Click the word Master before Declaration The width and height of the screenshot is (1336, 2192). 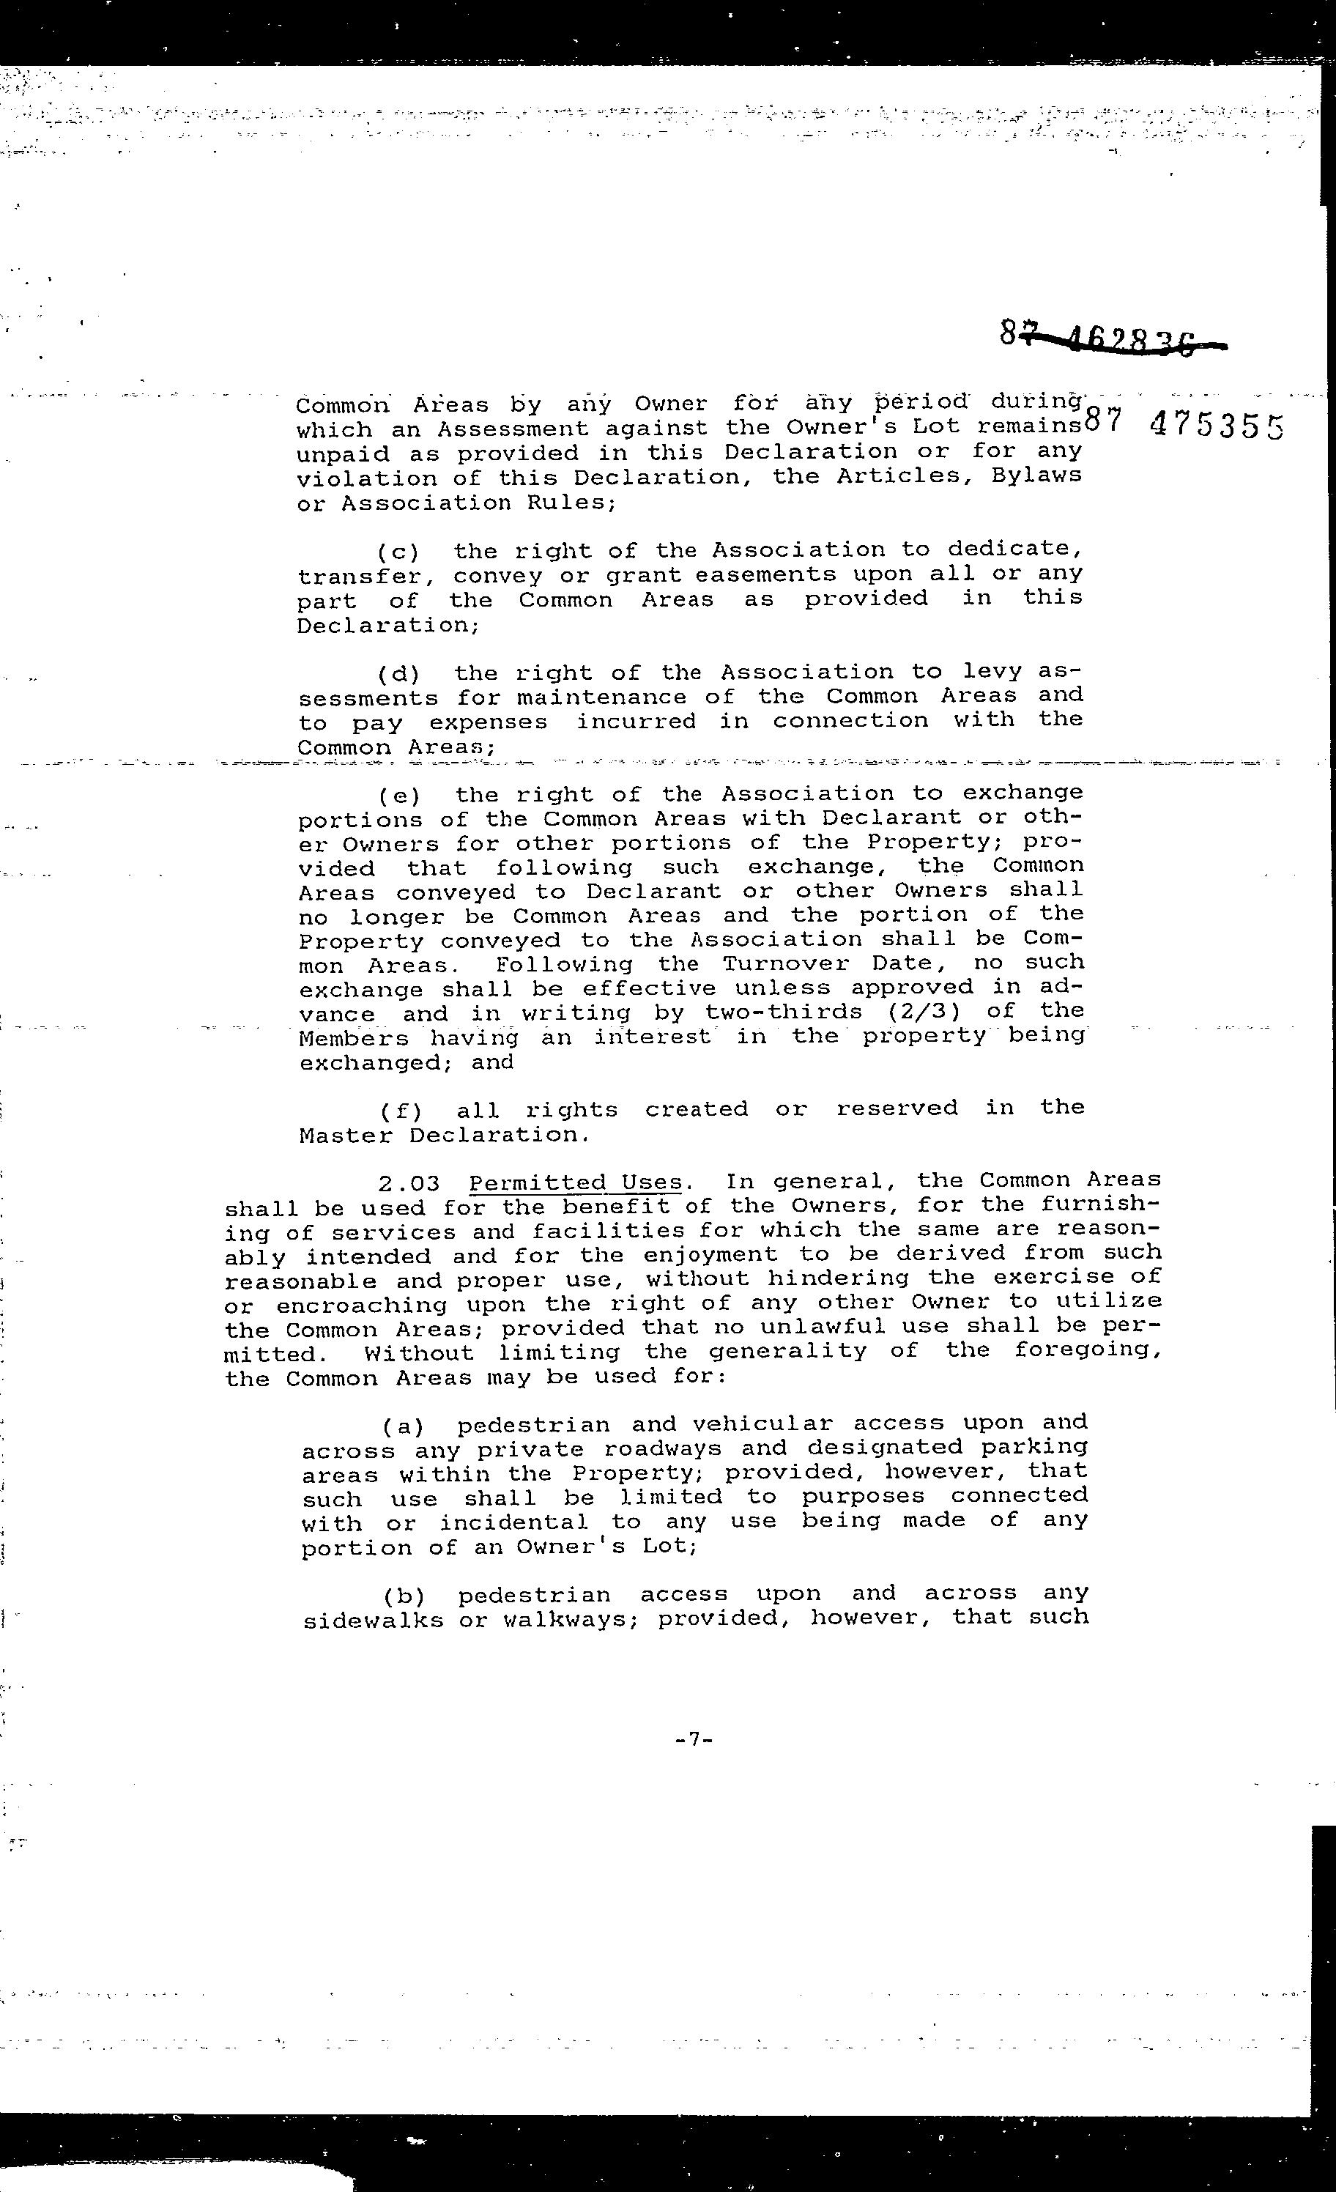pos(344,1136)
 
